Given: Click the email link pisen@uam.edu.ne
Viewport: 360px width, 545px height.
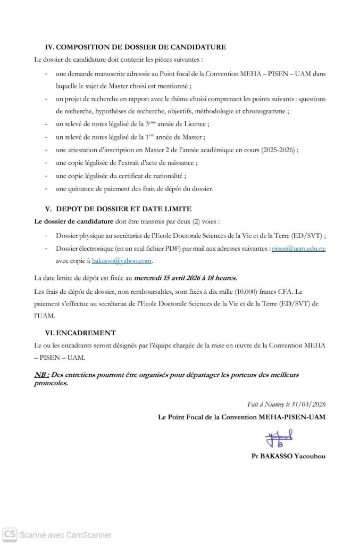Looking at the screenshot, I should point(295,248).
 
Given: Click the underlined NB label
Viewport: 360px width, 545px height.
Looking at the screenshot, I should point(40,375).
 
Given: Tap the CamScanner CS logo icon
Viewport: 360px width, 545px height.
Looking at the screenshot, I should point(9,534).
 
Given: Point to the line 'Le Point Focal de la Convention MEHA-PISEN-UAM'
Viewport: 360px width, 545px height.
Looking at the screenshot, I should point(242,417).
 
